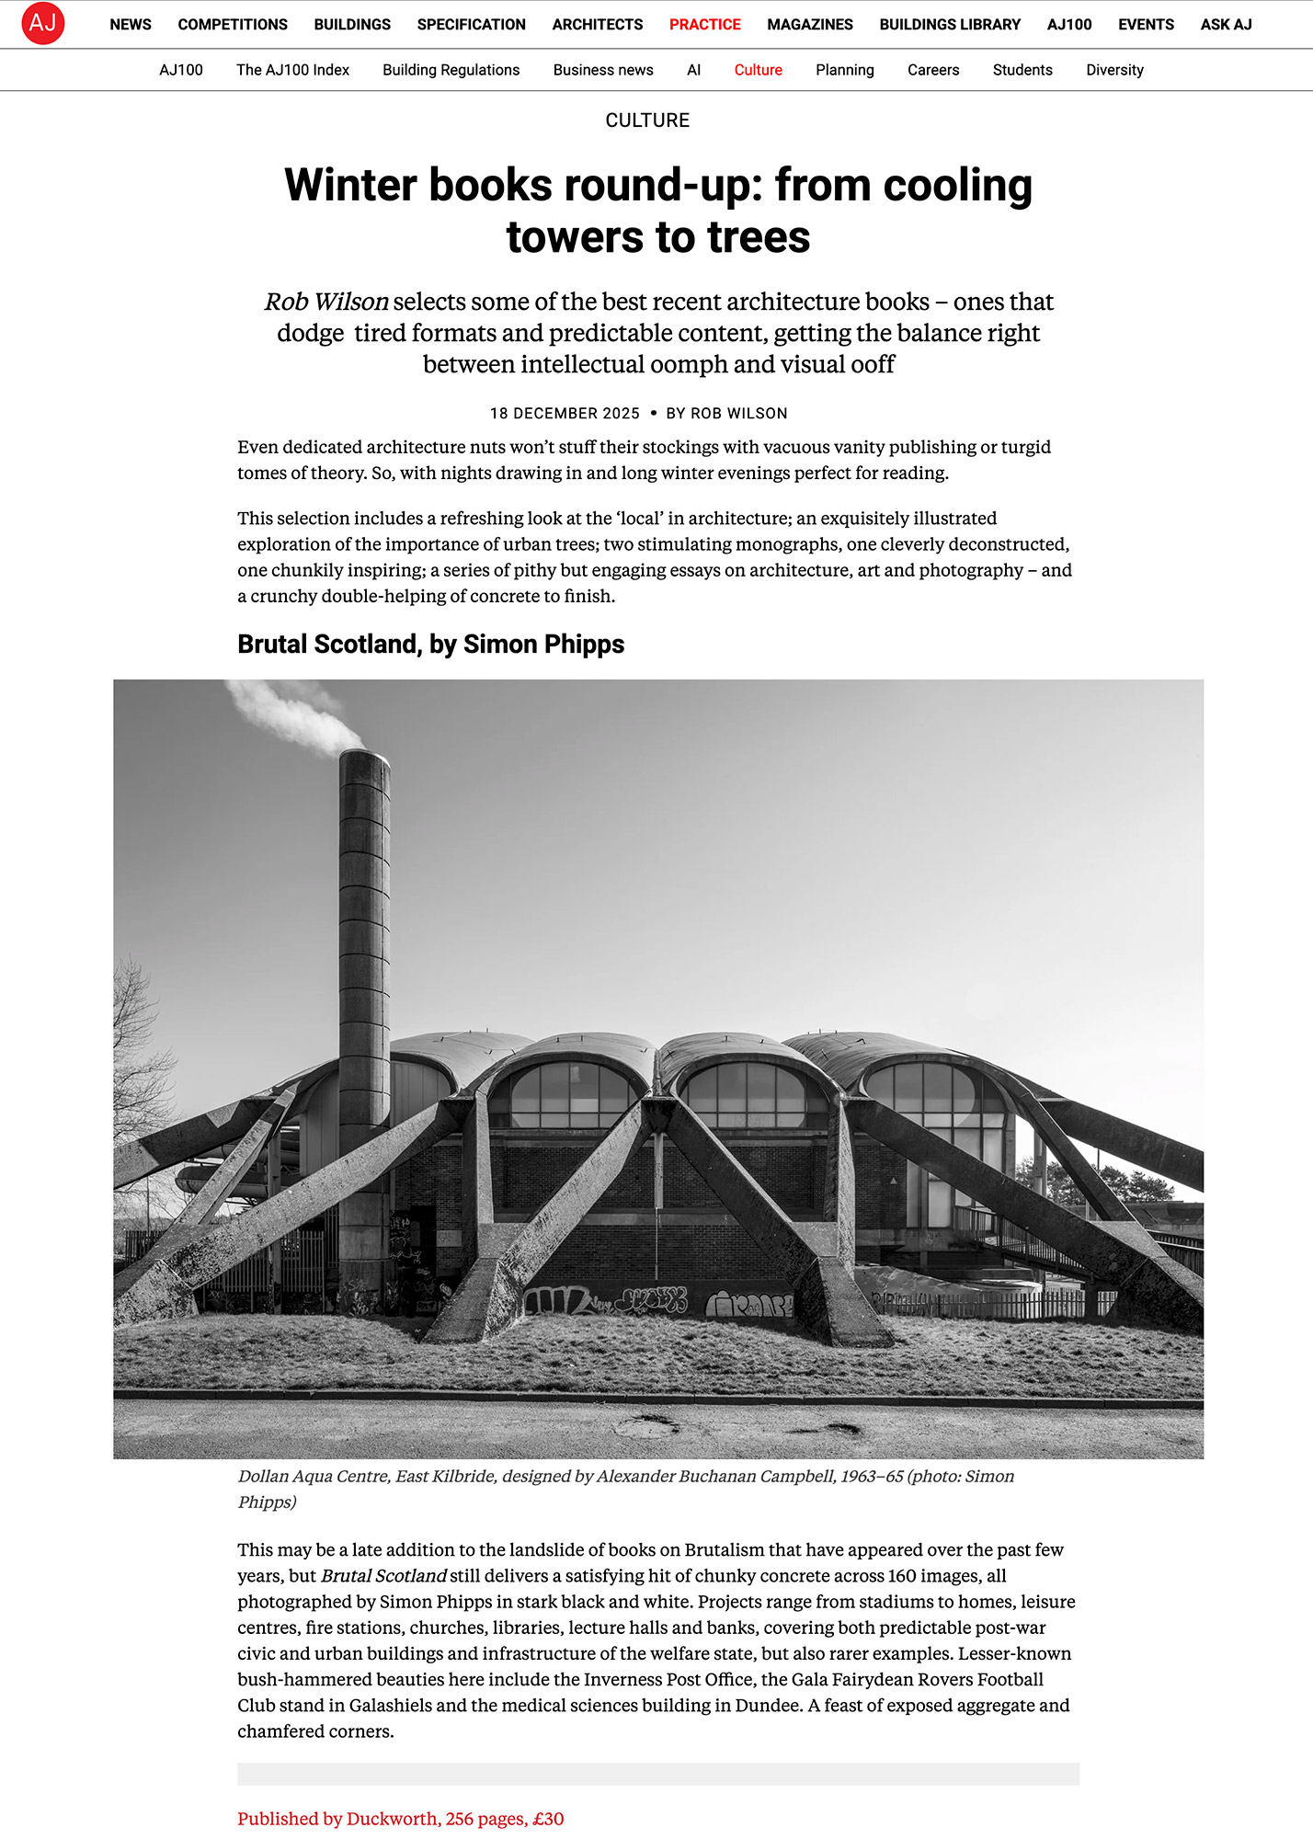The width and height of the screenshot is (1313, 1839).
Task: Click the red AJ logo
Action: [43, 23]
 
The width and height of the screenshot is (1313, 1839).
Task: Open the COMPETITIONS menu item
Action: [233, 25]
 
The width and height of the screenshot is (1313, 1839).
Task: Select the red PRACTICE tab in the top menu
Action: [704, 25]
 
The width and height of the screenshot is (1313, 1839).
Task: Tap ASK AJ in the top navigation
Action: [1226, 25]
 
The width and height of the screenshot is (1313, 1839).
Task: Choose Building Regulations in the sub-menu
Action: [451, 70]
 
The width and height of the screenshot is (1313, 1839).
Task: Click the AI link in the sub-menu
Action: [693, 70]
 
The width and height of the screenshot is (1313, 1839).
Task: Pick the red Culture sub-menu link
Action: [758, 70]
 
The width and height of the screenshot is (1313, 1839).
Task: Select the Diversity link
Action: [1114, 70]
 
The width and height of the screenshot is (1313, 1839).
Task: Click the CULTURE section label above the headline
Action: [647, 120]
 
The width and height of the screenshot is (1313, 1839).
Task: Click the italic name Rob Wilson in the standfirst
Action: [326, 302]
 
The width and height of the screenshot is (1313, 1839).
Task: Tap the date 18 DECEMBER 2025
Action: [565, 414]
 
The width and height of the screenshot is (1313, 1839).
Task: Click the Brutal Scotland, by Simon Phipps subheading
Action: [430, 645]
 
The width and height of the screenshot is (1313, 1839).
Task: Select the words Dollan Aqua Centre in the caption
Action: [314, 1476]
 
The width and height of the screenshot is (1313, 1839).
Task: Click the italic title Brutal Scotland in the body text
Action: [383, 1576]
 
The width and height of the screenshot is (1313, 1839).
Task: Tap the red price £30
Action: [548, 1819]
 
